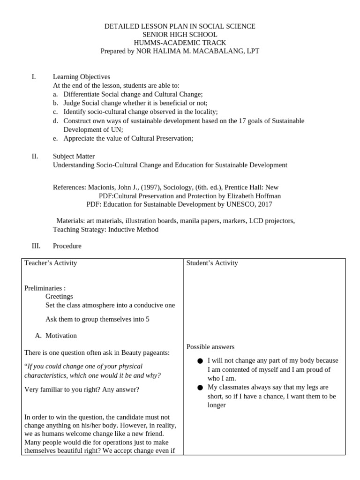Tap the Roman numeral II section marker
(x=35, y=157)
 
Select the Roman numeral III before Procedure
(x=36, y=246)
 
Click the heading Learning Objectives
(x=82, y=77)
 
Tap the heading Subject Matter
(x=74, y=157)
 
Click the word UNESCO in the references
(x=238, y=204)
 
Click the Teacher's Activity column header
(x=51, y=263)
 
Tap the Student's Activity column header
(x=212, y=263)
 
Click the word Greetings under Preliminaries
(x=59, y=297)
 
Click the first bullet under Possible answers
(x=200, y=361)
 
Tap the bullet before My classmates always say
(x=200, y=388)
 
